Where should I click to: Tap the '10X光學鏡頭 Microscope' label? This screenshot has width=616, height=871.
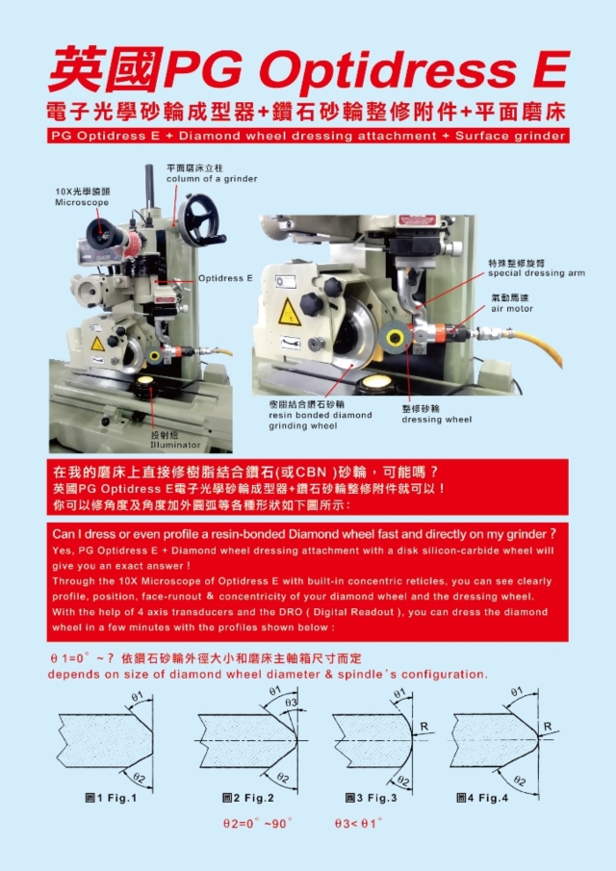click(82, 198)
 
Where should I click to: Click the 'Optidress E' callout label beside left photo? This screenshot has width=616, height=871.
click(224, 277)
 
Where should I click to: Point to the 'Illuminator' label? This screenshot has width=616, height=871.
click(175, 441)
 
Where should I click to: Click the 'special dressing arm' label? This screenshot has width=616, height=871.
click(535, 269)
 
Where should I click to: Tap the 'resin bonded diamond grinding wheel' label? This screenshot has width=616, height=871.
click(321, 416)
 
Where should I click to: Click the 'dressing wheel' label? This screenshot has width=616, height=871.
click(436, 415)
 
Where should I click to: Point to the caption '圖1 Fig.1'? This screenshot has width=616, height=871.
click(111, 798)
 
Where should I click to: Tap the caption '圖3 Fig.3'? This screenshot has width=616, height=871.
click(371, 798)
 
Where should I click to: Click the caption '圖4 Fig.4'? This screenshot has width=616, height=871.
click(481, 798)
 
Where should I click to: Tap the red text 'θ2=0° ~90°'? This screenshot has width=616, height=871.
click(256, 824)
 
